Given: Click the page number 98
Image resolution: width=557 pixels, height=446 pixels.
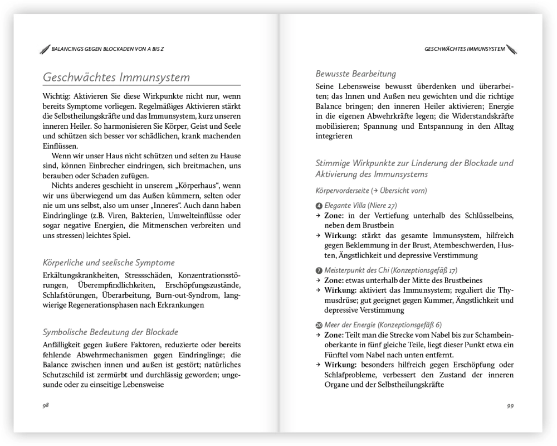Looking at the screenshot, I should [46, 405].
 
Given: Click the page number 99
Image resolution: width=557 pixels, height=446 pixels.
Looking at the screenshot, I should [510, 405].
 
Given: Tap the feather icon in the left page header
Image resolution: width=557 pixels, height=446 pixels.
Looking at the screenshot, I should [45, 49].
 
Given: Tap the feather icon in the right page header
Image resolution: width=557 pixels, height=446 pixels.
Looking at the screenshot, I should [511, 49].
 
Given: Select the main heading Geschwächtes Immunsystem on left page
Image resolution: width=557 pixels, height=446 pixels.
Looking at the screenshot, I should [116, 77].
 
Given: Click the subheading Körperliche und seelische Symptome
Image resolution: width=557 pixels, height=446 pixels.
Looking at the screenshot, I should [109, 262].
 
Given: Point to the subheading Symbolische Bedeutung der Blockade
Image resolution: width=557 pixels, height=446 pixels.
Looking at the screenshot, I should [110, 332].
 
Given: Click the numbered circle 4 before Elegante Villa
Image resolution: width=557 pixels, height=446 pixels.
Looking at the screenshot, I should [319, 206].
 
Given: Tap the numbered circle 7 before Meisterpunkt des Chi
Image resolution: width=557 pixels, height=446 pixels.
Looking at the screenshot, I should [319, 270].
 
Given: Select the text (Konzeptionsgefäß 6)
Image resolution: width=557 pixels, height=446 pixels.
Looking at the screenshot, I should [409, 324].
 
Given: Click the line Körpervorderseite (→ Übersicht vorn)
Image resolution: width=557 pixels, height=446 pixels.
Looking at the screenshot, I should [371, 190].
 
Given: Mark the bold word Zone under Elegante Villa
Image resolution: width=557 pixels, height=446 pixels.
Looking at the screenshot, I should [334, 215].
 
